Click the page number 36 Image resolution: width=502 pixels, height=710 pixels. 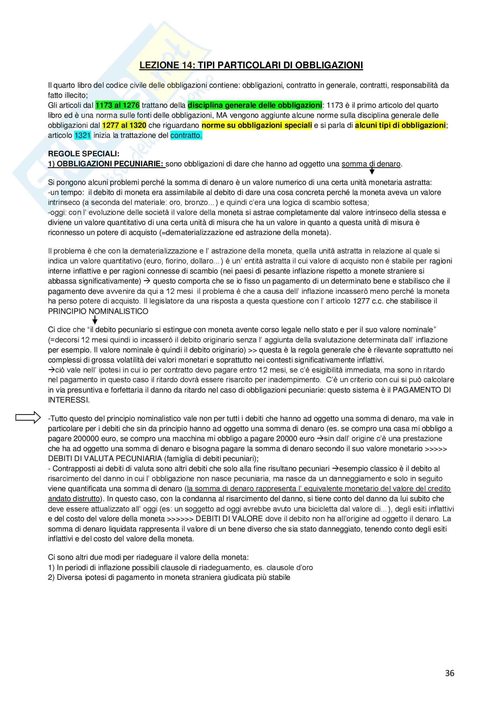coord(449,673)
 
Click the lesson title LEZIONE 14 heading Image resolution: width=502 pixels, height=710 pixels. coord(251,65)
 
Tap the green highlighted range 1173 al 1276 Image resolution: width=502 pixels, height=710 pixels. coord(118,105)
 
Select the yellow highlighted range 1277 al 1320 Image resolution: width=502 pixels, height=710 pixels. coord(124,126)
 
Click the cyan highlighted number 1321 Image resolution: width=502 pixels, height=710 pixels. coord(83,135)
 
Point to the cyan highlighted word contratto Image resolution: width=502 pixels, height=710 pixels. coord(186,135)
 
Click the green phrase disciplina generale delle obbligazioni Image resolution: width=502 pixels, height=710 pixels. coord(254,105)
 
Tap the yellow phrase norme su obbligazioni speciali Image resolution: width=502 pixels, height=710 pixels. coord(256,126)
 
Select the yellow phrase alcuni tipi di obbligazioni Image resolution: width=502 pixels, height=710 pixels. coord(400,126)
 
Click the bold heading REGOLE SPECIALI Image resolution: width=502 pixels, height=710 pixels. coord(84,154)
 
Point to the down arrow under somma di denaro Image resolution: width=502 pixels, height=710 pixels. coord(372,171)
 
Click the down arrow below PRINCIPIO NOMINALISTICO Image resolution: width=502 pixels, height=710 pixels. coord(95,320)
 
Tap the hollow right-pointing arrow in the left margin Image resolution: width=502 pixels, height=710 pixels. coord(28,417)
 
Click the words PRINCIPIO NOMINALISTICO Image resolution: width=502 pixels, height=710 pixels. coord(98,311)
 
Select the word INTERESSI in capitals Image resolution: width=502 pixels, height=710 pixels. coord(68,400)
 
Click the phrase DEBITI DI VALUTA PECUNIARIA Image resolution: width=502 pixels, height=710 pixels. coord(105,459)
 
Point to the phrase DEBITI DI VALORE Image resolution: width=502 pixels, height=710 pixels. coord(229,518)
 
